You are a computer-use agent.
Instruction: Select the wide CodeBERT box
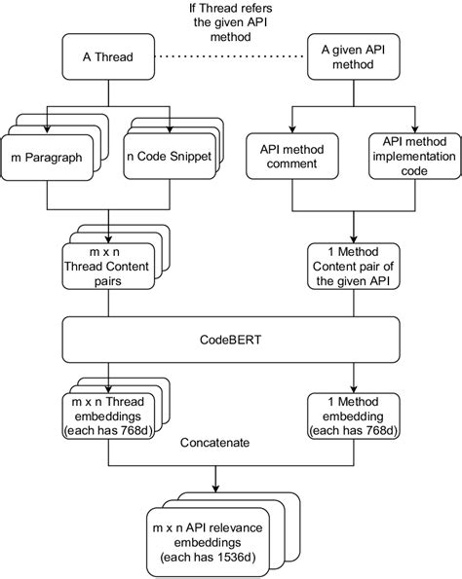tap(230, 341)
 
